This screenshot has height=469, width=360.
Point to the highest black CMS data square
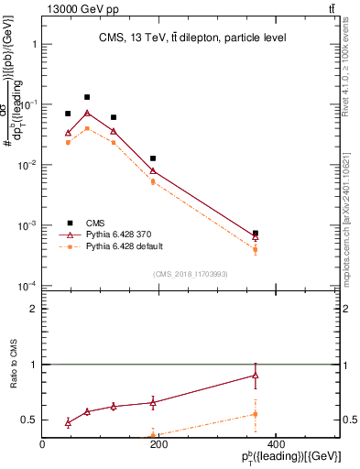pos(87,96)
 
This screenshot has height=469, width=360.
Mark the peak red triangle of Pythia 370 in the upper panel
pos(87,113)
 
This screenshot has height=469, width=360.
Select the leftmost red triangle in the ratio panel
pos(68,422)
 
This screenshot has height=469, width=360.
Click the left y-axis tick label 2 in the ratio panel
pos(33,310)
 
